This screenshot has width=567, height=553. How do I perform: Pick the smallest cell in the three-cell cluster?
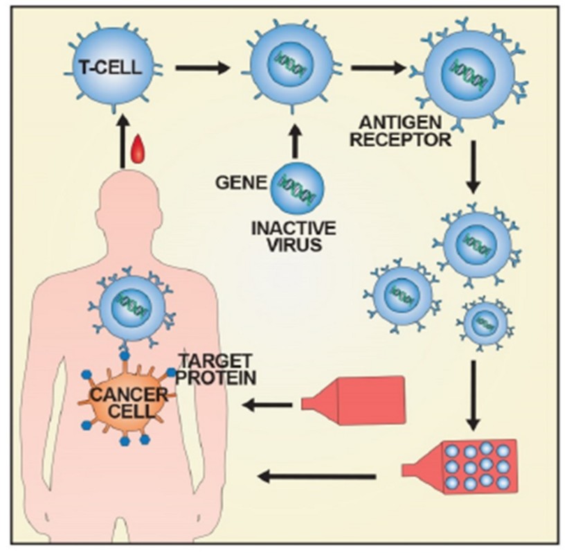coord(485,322)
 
